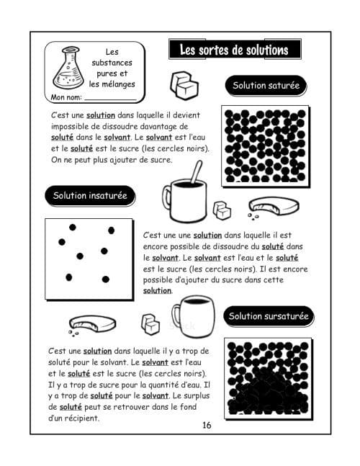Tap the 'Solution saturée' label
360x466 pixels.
[x=266, y=86]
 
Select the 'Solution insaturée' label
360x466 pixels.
[x=90, y=195]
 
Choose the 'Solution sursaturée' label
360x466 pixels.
[x=269, y=316]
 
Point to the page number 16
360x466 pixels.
[x=207, y=425]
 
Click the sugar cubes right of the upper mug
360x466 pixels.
[x=222, y=210]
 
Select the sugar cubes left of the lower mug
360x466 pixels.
[x=150, y=324]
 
